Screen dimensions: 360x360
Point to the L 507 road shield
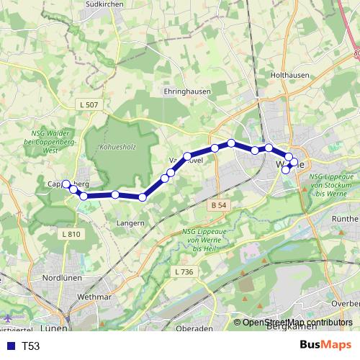[x=89, y=105]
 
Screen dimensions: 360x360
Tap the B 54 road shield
[x=221, y=206]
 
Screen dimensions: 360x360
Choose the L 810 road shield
[x=71, y=234]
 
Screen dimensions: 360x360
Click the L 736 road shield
[x=185, y=271]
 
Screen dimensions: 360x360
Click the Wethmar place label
[x=91, y=294]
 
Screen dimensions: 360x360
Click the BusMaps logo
[x=325, y=346]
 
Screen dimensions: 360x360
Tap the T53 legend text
[x=30, y=346]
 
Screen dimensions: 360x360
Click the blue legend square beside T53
[x=10, y=346]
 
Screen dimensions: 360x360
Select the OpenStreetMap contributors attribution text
[x=297, y=323]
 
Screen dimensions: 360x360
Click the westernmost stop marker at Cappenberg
[x=66, y=184]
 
